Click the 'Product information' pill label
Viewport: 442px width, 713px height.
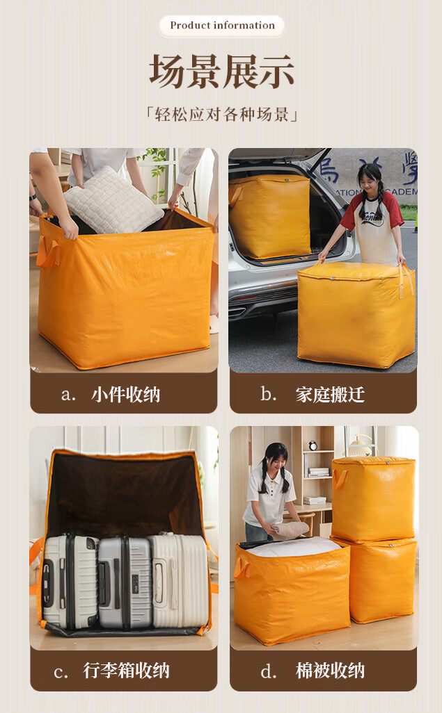tap(222, 26)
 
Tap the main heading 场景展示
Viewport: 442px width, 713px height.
tap(222, 72)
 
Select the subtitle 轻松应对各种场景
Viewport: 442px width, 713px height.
tap(222, 114)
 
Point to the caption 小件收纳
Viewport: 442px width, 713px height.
tap(126, 394)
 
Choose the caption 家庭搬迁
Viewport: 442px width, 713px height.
tap(330, 394)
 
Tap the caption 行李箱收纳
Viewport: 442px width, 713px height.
tap(126, 670)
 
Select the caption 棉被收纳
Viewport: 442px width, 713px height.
tap(330, 670)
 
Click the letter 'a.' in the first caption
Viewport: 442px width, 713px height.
tap(68, 395)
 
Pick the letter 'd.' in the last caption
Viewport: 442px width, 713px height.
tap(269, 671)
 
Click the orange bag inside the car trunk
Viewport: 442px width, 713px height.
tap(269, 216)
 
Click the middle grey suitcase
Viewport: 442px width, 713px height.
tap(125, 582)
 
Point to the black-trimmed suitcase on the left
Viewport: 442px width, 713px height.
tap(70, 582)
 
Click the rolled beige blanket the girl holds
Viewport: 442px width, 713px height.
tap(291, 530)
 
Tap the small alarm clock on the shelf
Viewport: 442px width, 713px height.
tap(313, 445)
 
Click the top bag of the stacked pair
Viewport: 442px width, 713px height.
tap(373, 499)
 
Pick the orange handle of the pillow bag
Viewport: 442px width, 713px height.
tap(47, 251)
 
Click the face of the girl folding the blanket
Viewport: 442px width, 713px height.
tap(276, 462)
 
